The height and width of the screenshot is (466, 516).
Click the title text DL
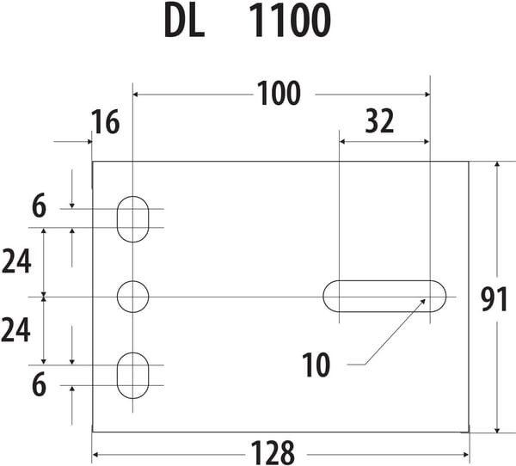[184, 21]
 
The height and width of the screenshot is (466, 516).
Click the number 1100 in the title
[290, 21]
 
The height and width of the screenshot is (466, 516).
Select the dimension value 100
[279, 94]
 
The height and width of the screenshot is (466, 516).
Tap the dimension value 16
[106, 122]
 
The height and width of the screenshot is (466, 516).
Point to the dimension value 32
[379, 121]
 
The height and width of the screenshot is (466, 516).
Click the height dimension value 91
[494, 300]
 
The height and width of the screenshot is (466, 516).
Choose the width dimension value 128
[273, 453]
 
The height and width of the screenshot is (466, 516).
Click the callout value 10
[316, 365]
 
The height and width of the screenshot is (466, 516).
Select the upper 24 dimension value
[16, 261]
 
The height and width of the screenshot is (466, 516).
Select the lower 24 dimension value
[15, 330]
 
